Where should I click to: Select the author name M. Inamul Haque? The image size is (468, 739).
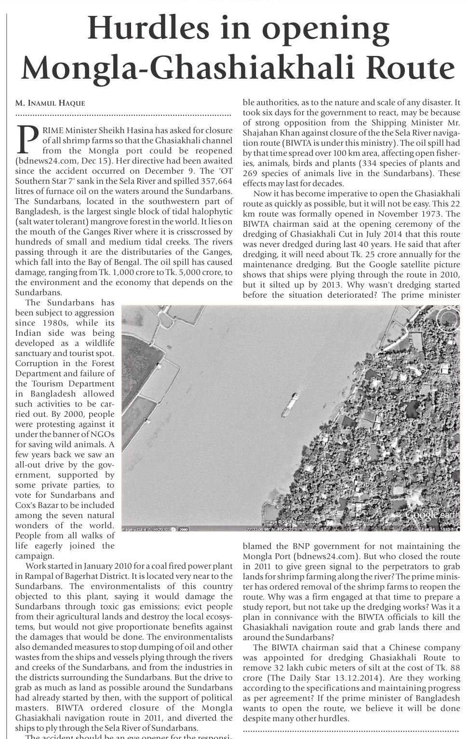tap(50, 103)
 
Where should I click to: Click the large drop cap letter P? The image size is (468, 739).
tap(27, 138)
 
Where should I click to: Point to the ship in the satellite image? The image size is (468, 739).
tap(290, 405)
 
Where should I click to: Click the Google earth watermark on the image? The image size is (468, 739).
tap(432, 515)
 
